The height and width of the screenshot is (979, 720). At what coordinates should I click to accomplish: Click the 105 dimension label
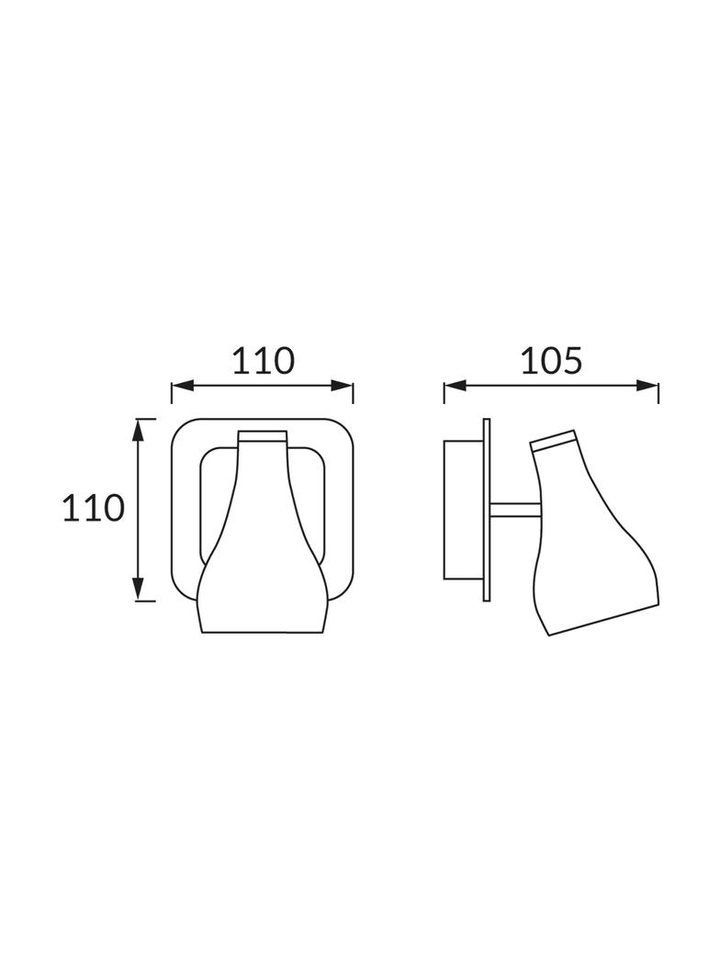click(x=551, y=361)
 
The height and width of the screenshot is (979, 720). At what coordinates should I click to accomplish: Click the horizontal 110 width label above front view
click(x=263, y=361)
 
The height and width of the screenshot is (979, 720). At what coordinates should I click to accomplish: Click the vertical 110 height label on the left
click(x=94, y=508)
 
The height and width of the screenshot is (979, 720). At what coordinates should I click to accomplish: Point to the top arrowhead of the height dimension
click(x=139, y=430)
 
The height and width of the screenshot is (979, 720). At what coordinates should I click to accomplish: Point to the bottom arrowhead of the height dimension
click(x=139, y=590)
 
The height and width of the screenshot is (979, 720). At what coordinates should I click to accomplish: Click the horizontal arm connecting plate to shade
click(x=515, y=510)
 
